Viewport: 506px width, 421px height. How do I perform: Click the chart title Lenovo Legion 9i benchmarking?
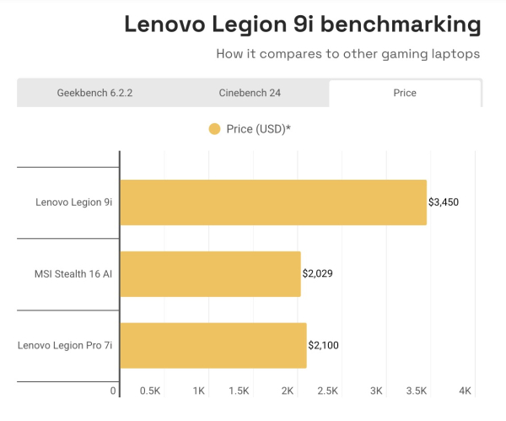[303, 24]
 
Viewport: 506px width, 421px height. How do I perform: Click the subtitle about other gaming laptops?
[348, 54]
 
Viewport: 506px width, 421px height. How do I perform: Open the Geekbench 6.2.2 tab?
[94, 93]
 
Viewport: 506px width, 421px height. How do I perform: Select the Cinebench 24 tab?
[251, 93]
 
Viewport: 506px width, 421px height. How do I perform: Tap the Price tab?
[405, 93]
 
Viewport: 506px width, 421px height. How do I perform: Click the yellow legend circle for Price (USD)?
[214, 129]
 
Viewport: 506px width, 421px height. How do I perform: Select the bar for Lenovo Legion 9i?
[273, 202]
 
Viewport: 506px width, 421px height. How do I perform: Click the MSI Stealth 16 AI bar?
[210, 273]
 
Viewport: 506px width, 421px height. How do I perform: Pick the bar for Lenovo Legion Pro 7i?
[213, 345]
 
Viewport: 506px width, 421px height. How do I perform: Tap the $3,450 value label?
[444, 202]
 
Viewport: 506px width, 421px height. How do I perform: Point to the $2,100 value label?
[324, 345]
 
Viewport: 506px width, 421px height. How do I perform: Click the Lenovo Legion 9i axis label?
[73, 202]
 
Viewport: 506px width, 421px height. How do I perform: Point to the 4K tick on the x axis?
[465, 391]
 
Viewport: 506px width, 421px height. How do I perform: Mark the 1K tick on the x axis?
[199, 391]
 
